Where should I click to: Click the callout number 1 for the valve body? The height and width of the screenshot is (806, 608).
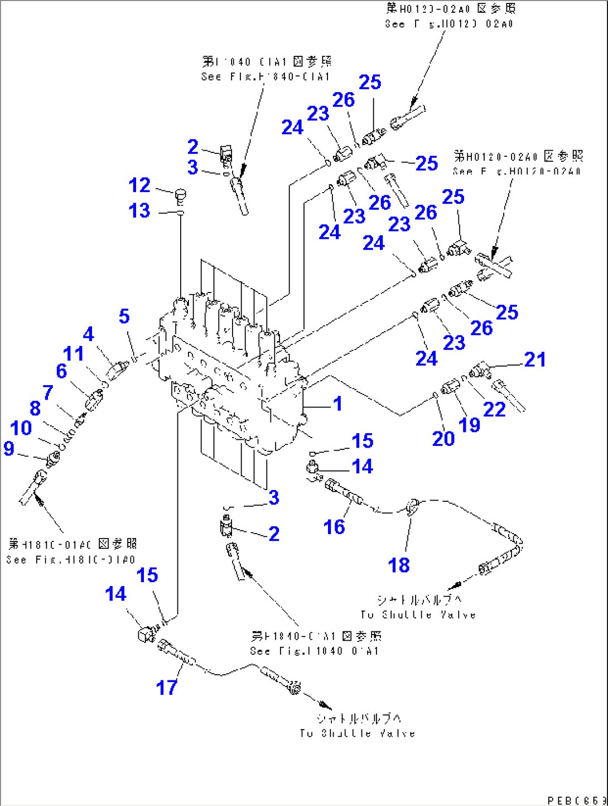tap(337, 404)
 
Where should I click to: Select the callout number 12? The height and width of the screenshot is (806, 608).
tap(139, 185)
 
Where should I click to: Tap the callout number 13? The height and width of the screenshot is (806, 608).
tap(139, 211)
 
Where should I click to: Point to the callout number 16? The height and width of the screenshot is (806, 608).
tap(334, 526)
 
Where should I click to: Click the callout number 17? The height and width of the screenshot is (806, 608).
tap(166, 687)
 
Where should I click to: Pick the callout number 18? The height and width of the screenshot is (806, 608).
tap(399, 565)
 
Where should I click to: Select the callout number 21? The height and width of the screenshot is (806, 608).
tap(535, 359)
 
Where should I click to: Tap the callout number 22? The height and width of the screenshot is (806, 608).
tap(494, 409)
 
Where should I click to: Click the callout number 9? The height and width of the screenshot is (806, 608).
tap(9, 448)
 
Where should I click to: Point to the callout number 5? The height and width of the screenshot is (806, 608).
tap(124, 316)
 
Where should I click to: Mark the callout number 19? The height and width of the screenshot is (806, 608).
tap(469, 425)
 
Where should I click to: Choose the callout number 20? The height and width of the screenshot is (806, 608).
tap(443, 439)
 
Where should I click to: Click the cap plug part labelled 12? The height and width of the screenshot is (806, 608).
tap(180, 195)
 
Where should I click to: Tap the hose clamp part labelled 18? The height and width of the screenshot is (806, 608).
tap(412, 506)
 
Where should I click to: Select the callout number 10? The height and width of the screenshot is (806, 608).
tap(21, 428)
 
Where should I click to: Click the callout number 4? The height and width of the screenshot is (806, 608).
tap(89, 334)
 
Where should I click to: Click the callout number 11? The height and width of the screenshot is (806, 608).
tap(73, 353)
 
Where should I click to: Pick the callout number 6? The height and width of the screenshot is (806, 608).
tap(61, 371)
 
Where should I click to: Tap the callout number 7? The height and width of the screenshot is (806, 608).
tap(48, 392)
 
